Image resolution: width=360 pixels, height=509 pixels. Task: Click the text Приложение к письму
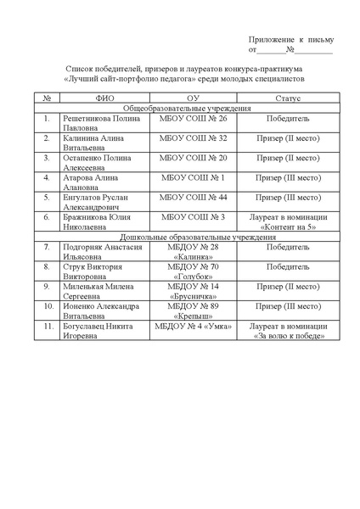click(291, 40)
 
